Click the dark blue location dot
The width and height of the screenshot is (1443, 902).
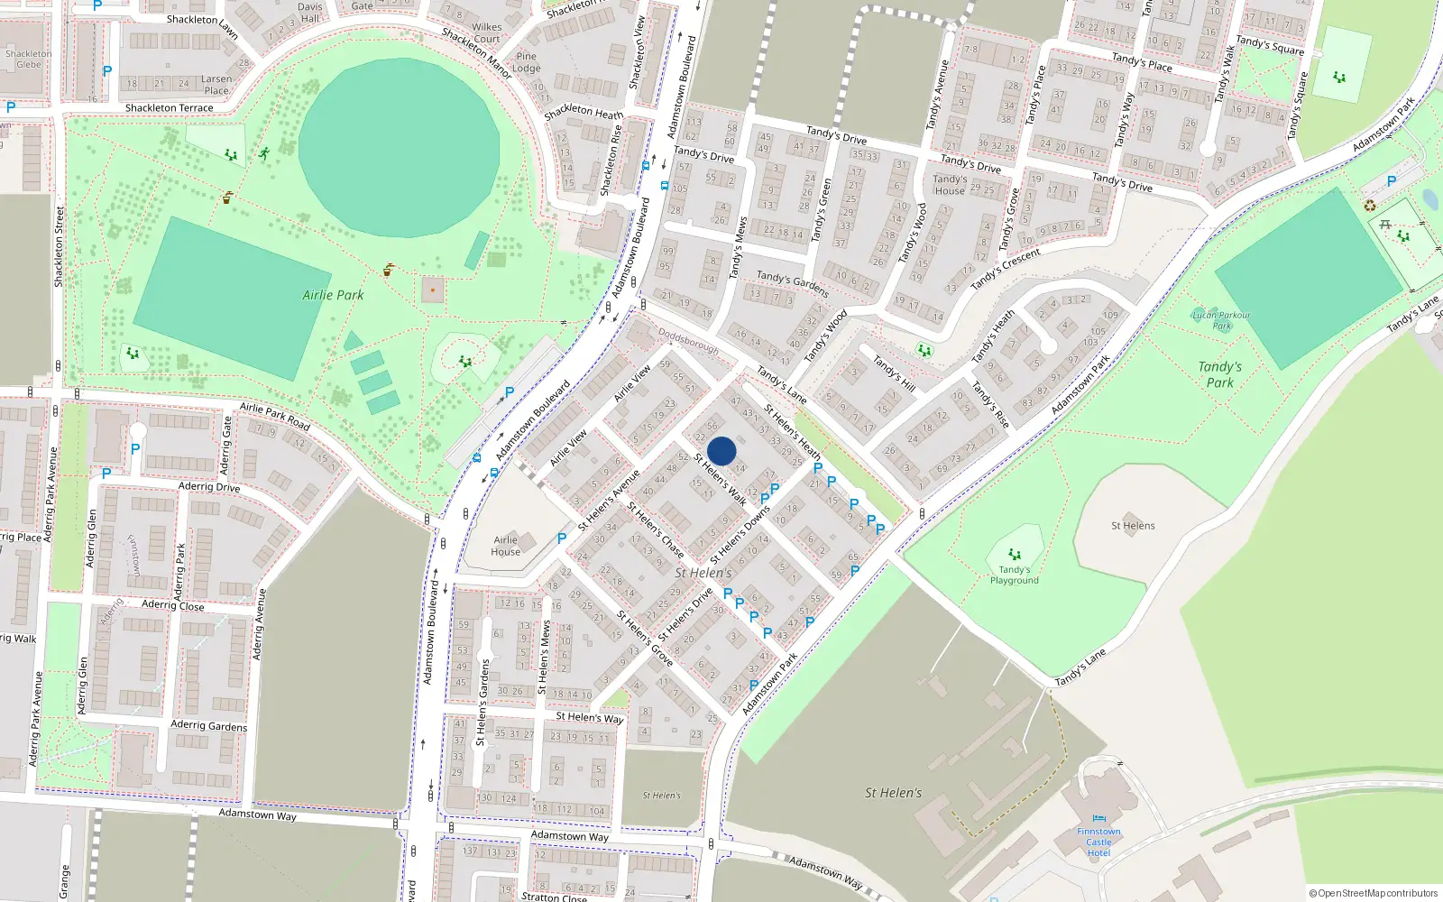tap(721, 451)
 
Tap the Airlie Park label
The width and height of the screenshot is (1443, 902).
tap(333, 295)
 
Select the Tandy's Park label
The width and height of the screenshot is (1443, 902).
tap(1219, 374)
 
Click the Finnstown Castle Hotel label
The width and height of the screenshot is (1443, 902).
tap(1098, 842)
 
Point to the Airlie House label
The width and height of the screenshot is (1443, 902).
tap(506, 546)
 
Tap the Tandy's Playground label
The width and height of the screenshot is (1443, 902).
tap(1015, 575)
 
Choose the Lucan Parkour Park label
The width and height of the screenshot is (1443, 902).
tap(1221, 320)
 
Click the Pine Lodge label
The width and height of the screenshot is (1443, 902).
tap(527, 62)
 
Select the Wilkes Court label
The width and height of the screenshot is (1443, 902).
tap(486, 32)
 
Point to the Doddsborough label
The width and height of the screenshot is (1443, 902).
tap(688, 340)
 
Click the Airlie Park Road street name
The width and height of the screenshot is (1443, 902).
tap(275, 416)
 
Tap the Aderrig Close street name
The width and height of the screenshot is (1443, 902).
tap(173, 605)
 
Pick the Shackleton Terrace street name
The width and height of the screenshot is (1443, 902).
tap(170, 108)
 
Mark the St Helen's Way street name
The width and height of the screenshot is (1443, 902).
tap(590, 718)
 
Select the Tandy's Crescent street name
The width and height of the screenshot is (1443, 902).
tap(1005, 270)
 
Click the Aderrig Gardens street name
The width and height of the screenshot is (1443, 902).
tap(209, 725)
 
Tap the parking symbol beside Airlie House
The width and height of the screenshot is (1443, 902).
tap(562, 538)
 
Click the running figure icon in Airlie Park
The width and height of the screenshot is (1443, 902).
tap(264, 154)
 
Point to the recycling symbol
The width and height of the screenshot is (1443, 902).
tap(1370, 206)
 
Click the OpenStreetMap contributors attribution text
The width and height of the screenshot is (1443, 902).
tap(1373, 893)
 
